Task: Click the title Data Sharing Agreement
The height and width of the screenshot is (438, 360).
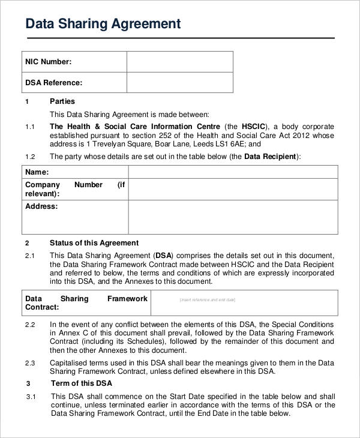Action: click(x=103, y=24)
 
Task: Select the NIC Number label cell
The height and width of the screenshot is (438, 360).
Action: click(x=48, y=62)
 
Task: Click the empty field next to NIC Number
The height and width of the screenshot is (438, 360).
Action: click(x=179, y=62)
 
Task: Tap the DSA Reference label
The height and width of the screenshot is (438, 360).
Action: click(x=53, y=83)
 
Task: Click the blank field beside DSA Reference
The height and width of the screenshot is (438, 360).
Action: click(x=179, y=83)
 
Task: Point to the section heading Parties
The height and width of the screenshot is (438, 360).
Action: click(x=62, y=101)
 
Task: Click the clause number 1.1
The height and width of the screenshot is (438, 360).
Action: click(x=31, y=127)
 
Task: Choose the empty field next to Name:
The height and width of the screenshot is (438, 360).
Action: click(x=233, y=172)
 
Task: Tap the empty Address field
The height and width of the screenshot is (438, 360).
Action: click(x=233, y=217)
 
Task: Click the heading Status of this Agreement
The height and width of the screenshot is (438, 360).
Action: click(x=94, y=243)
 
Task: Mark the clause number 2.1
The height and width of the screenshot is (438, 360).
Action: click(x=31, y=256)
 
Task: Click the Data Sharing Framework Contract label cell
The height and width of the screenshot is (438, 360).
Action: click(x=86, y=302)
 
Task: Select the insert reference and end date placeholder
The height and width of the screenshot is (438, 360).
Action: click(x=208, y=299)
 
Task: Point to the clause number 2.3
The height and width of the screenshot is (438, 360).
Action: click(x=31, y=362)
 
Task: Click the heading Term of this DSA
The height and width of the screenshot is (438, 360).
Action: click(x=81, y=383)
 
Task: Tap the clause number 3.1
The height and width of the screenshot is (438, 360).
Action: click(x=31, y=397)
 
